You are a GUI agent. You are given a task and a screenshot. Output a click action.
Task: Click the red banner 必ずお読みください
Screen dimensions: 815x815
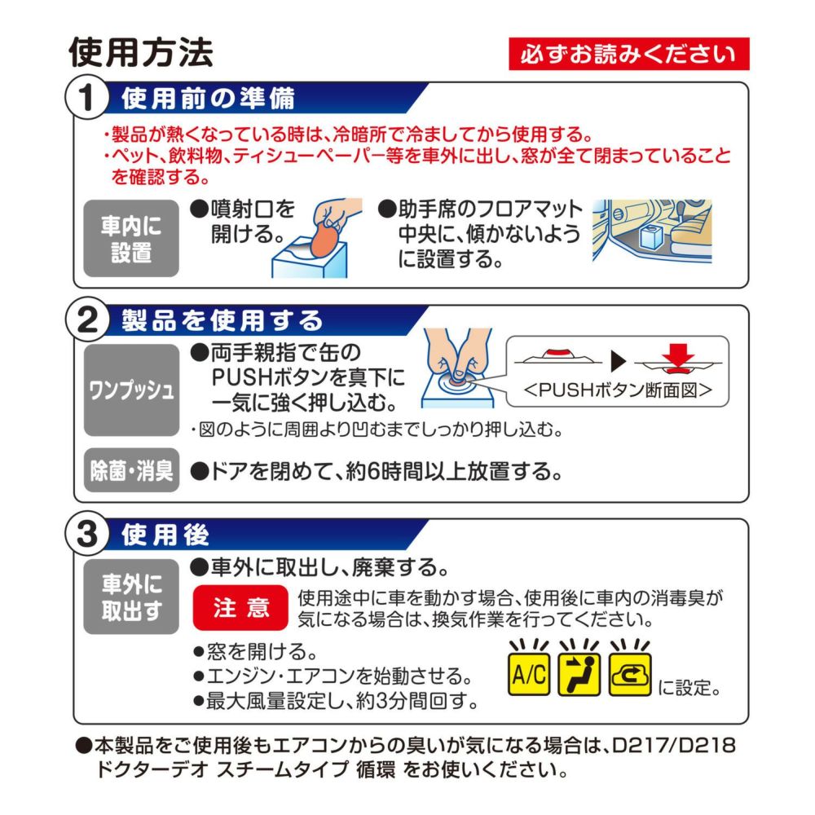(x=628, y=54)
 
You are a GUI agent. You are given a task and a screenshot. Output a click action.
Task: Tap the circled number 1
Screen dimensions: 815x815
(x=87, y=98)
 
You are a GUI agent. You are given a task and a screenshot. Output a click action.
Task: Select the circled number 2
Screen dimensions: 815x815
(x=87, y=320)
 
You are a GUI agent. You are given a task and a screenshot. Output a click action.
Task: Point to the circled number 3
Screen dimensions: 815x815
(x=87, y=534)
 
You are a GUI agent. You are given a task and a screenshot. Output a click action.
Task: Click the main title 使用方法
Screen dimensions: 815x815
(x=141, y=52)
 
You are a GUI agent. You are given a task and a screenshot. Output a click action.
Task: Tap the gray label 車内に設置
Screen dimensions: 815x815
(x=131, y=239)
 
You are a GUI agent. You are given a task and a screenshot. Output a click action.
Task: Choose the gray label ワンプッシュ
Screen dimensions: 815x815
(x=131, y=390)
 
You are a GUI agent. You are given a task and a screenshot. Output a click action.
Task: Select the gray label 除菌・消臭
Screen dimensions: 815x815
(x=131, y=470)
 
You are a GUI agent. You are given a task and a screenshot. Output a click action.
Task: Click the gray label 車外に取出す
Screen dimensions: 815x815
(x=131, y=597)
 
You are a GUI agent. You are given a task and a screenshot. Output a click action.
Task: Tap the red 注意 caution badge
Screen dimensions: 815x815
(x=240, y=608)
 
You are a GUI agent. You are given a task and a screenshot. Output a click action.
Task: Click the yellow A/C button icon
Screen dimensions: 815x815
(x=529, y=674)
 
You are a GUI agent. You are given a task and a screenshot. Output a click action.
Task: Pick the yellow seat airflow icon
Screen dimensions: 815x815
(x=579, y=674)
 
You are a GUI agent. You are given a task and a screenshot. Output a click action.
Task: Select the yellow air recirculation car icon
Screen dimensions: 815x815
(x=630, y=674)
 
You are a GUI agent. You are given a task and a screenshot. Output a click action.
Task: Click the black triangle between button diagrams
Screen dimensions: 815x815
(x=618, y=361)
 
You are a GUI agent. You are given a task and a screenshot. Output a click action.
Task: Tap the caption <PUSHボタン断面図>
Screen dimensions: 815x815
(x=618, y=390)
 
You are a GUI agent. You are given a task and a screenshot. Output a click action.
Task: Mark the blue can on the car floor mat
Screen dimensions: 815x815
(x=650, y=239)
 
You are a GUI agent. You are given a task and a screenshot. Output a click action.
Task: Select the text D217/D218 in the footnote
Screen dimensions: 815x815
(x=674, y=746)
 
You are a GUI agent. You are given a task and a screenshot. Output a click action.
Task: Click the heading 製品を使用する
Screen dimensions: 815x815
(x=222, y=320)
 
